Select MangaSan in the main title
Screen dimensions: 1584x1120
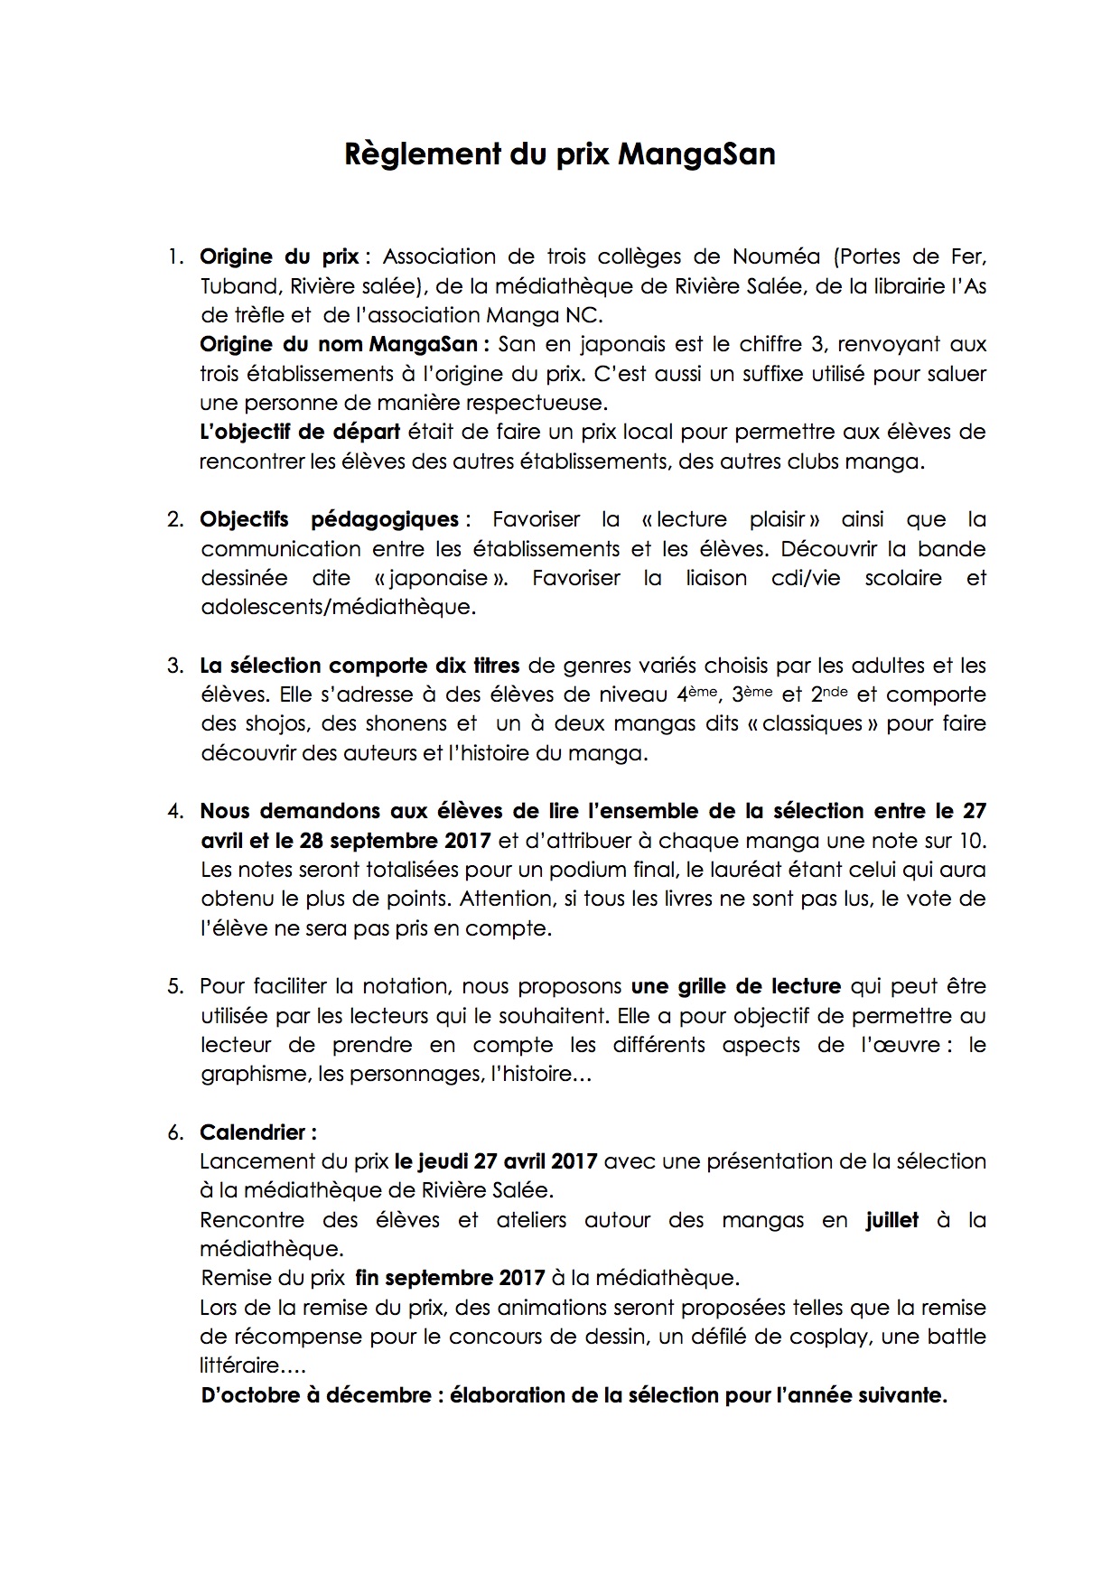click(x=696, y=155)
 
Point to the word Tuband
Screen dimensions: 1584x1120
click(x=238, y=286)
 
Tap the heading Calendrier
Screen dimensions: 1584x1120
click(x=257, y=1132)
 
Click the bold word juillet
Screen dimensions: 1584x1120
click(x=891, y=1220)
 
